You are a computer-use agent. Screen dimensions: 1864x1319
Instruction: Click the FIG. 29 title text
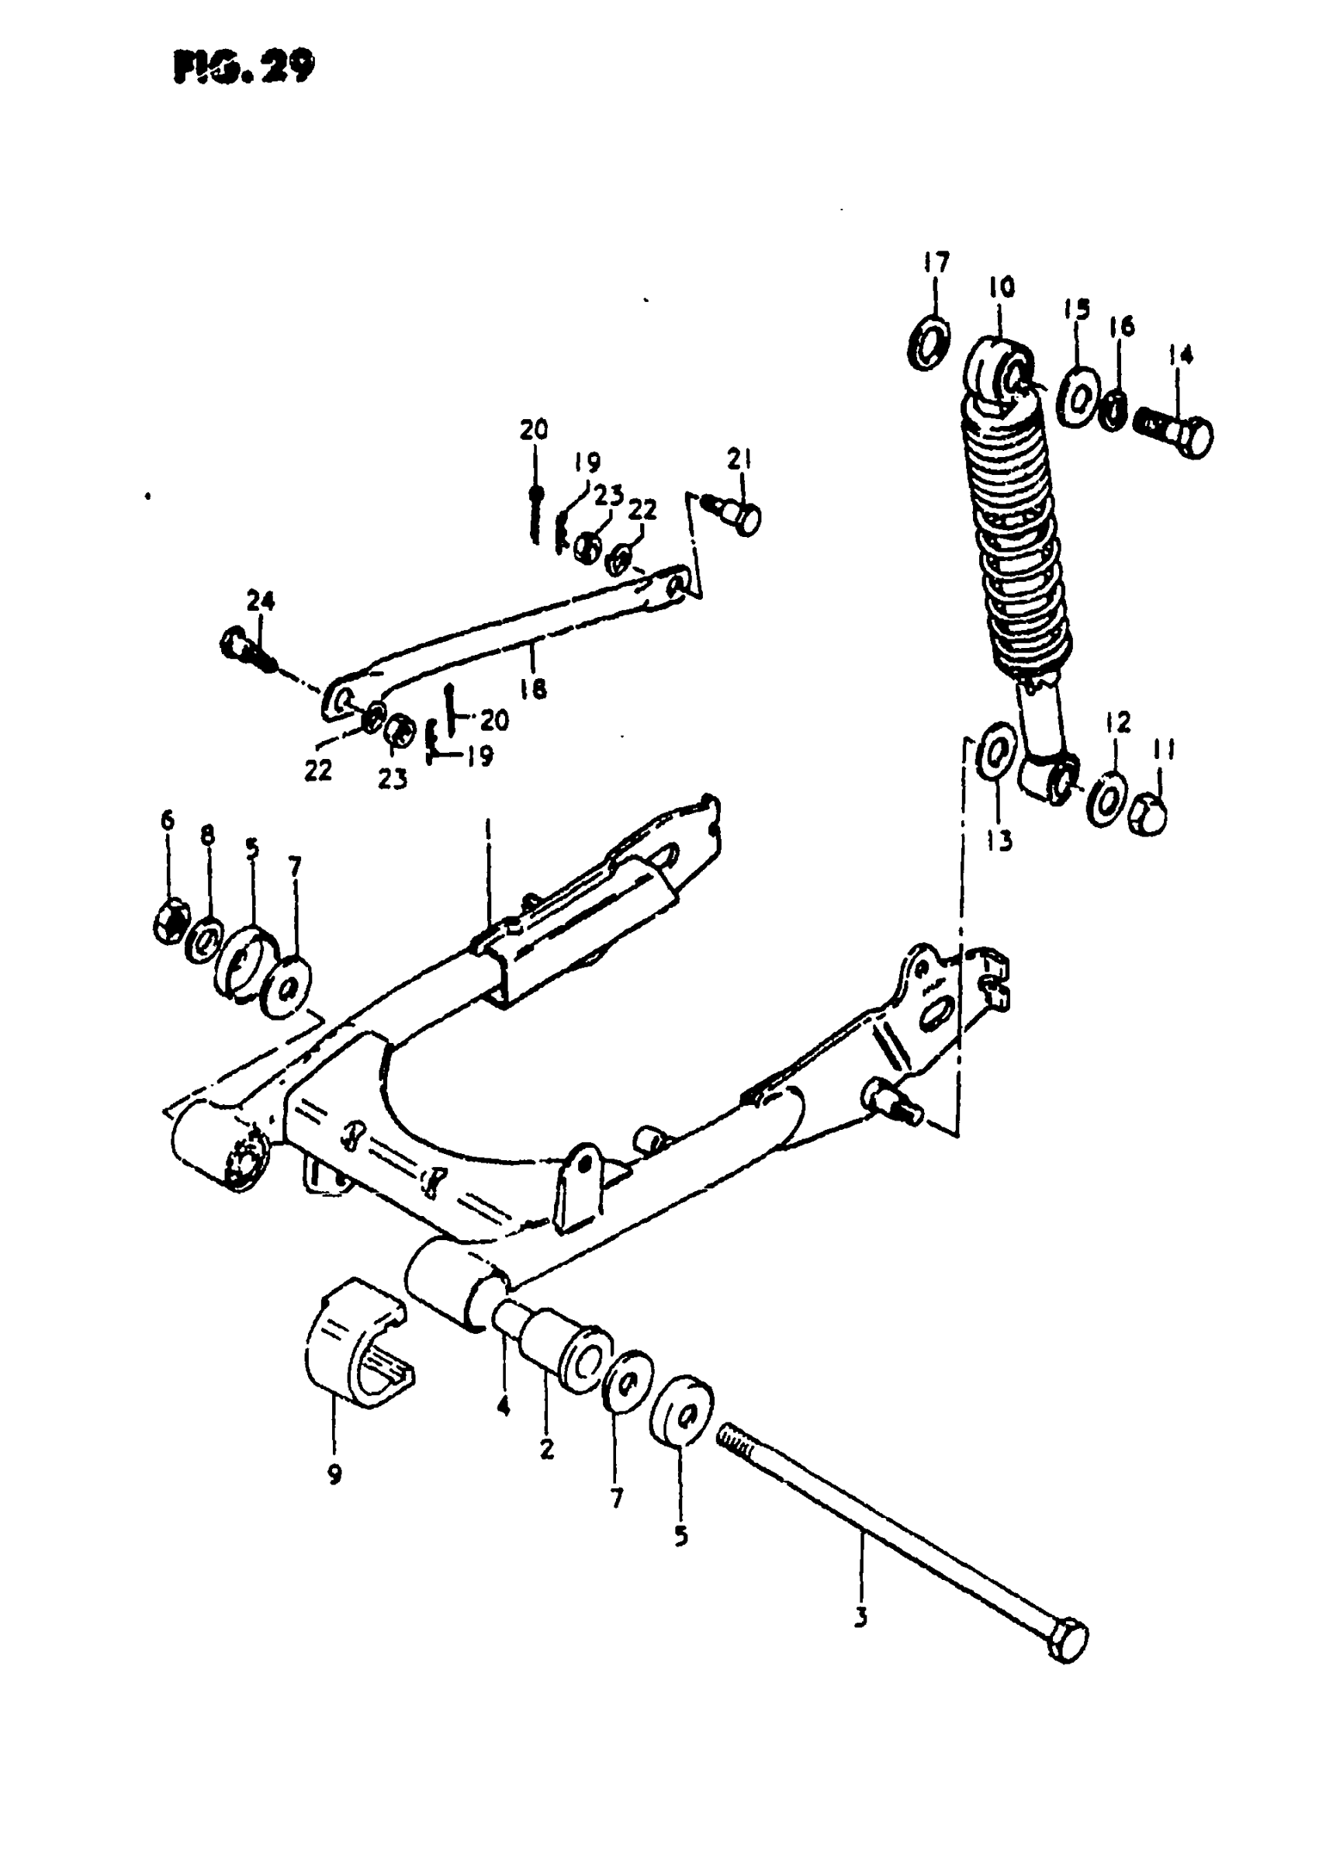coord(243,68)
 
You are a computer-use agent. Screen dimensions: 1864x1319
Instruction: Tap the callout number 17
coord(936,263)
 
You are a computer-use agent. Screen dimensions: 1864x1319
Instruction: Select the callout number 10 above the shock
coord(1002,288)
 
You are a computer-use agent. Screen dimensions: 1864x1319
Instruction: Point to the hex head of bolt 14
coord(1195,438)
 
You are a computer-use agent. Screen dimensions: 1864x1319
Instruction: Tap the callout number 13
coord(1001,841)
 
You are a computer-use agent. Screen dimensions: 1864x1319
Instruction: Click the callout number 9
coord(334,1474)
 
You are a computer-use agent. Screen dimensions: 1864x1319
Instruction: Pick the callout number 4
coord(504,1405)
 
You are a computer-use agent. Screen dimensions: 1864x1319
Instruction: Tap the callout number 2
coord(546,1447)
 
